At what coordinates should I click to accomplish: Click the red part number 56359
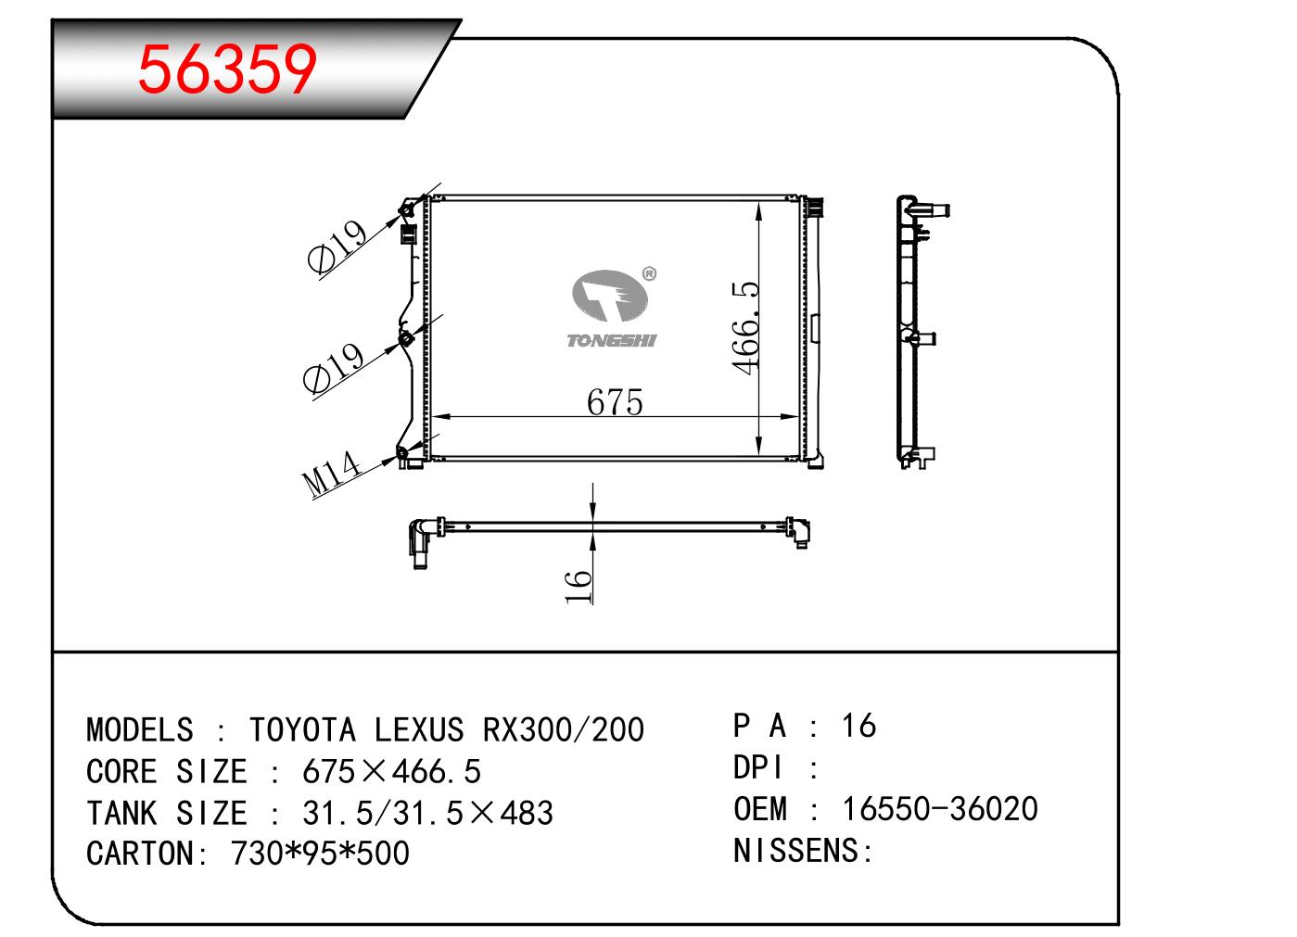click(227, 70)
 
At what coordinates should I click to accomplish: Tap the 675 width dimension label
click(615, 402)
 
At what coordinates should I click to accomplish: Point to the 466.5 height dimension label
click(745, 328)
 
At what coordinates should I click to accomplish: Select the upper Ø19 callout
click(337, 247)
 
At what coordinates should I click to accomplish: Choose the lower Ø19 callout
click(334, 368)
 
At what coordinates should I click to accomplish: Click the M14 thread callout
click(332, 474)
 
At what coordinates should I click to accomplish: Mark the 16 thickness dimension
click(578, 587)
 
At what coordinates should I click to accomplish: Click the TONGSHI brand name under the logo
click(612, 341)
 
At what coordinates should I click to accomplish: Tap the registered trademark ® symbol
click(649, 273)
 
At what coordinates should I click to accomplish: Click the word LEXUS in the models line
click(419, 729)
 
